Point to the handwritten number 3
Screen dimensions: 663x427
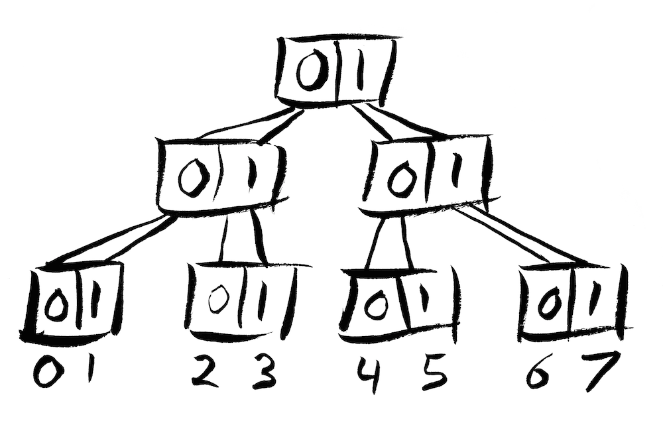coord(265,373)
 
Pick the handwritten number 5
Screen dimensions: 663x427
coord(432,375)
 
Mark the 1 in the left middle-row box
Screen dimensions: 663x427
coord(253,173)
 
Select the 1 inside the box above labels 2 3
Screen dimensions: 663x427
coord(263,301)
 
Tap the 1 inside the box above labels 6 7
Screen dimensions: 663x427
coord(596,298)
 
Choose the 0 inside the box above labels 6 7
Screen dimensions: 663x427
coord(549,304)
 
